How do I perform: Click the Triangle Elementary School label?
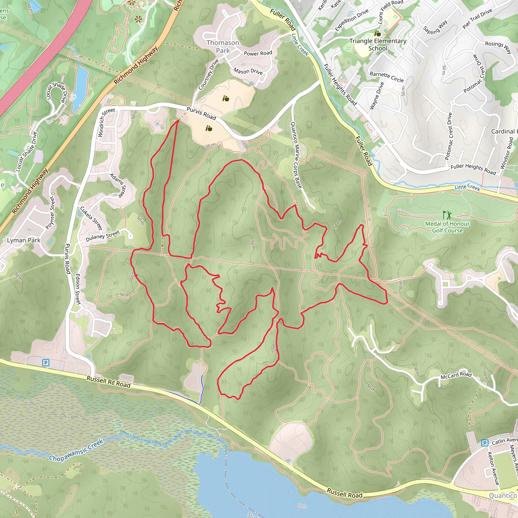coord(378,45)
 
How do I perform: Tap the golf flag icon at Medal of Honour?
coord(447,214)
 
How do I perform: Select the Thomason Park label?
coord(223,47)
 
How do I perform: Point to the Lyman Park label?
coord(24,240)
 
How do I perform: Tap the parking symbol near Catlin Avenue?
coord(484,443)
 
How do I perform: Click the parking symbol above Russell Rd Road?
coord(46,363)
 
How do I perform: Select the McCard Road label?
coord(456,375)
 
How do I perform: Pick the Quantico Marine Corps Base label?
coord(296,155)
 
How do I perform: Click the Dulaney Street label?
coord(103,236)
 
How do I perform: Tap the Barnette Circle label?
coord(387,77)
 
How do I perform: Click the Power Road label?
coord(258,53)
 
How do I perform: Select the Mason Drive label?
coord(248,71)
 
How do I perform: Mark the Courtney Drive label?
coord(209,74)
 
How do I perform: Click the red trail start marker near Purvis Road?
coord(177,121)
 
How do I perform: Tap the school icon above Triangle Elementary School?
coord(378,34)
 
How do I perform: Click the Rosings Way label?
coord(498,47)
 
